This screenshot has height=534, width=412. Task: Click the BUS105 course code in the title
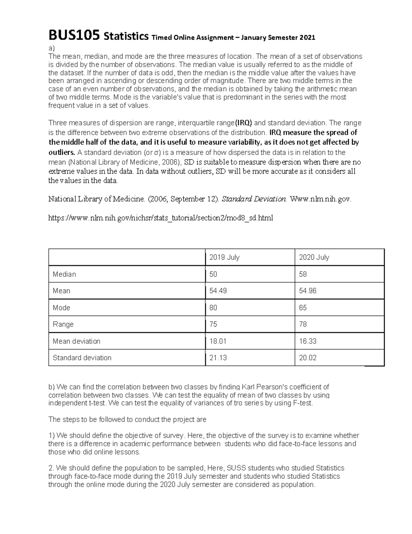click(x=75, y=36)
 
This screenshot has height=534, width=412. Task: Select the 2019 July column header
click(x=224, y=257)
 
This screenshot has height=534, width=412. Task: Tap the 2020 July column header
click(x=314, y=257)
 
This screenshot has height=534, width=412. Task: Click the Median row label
click(x=64, y=274)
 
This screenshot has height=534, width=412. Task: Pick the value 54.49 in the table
click(x=218, y=291)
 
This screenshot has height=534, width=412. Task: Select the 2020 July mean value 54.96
click(x=308, y=291)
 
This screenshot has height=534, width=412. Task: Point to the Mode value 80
click(x=213, y=308)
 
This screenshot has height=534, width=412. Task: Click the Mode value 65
click(x=303, y=308)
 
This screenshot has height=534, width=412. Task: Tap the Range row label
click(x=63, y=324)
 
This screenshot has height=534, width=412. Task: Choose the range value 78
click(x=303, y=324)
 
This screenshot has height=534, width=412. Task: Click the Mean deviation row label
click(x=77, y=341)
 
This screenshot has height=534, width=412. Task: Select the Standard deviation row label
click(x=82, y=358)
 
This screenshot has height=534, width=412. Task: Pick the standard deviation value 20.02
click(x=308, y=358)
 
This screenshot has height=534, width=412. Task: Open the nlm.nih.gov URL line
click(x=161, y=218)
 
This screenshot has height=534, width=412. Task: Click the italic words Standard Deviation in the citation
click(x=254, y=199)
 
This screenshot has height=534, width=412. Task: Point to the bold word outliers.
click(x=61, y=152)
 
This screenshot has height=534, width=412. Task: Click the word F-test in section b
click(x=303, y=403)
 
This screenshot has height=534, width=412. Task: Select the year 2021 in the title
click(x=307, y=37)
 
